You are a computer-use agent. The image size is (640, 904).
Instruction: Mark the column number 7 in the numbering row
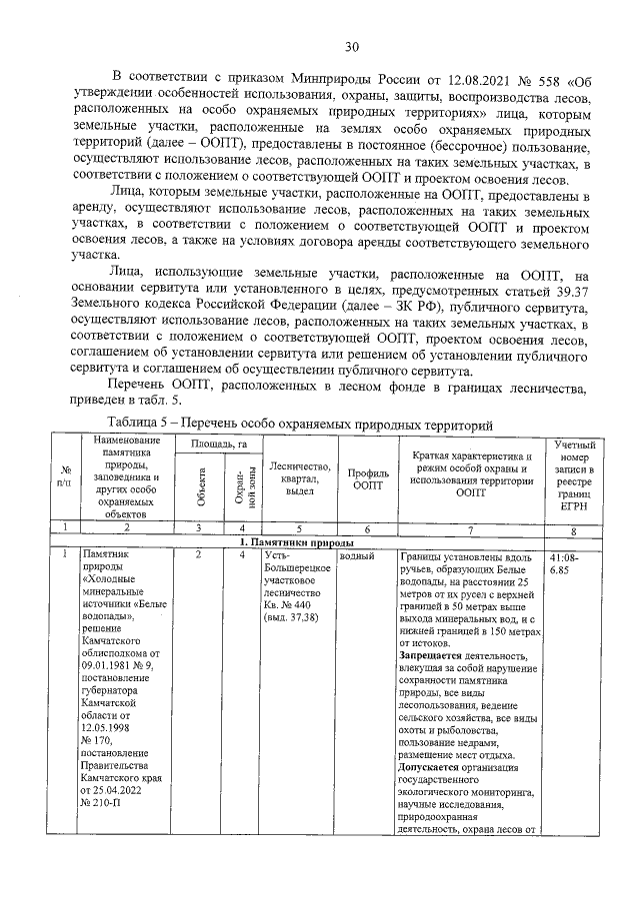pos(469,526)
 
